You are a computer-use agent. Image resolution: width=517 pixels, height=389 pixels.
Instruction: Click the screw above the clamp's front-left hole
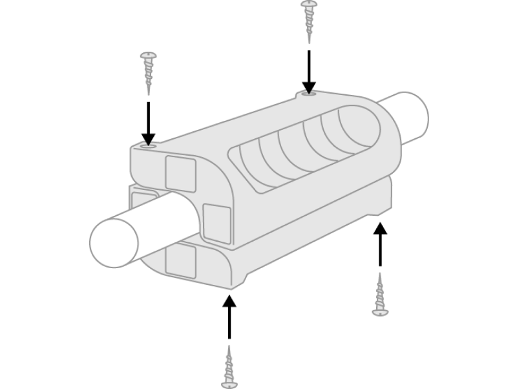click(x=148, y=71)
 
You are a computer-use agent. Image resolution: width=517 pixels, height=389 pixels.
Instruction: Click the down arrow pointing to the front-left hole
click(x=149, y=123)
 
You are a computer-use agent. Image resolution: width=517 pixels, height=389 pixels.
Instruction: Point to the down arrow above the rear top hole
click(x=309, y=71)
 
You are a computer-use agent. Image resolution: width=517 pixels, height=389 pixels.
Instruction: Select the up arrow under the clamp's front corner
click(x=229, y=317)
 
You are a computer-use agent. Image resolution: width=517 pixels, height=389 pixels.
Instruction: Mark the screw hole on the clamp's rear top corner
click(x=309, y=95)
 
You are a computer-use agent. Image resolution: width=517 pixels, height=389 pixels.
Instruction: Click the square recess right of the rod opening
click(x=216, y=223)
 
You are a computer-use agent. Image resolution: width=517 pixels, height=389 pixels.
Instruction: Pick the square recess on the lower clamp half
click(x=180, y=261)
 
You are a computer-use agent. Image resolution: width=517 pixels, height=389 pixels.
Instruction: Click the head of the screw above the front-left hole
click(x=149, y=56)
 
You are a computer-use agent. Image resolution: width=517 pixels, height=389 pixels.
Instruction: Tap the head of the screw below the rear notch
click(x=380, y=312)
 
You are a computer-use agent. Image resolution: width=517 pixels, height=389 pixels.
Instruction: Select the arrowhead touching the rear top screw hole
click(x=309, y=87)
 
